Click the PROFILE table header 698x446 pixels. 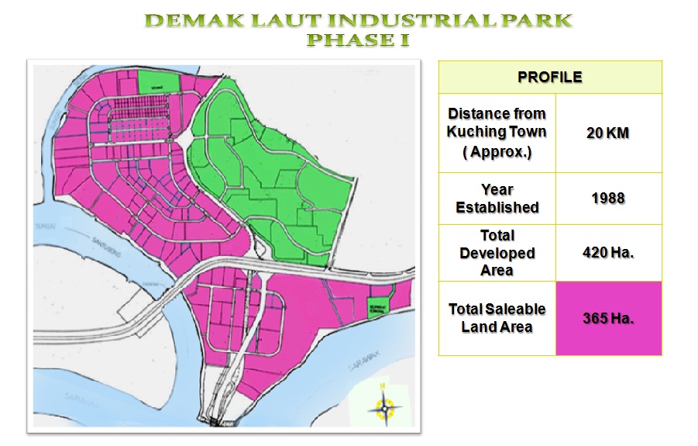[x=550, y=78]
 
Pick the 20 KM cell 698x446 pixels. [x=608, y=133]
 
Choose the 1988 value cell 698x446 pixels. [x=608, y=199]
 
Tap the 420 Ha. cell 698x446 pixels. [x=608, y=253]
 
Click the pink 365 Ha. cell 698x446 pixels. [x=608, y=318]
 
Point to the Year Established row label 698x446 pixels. [x=497, y=199]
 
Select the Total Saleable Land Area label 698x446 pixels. [x=497, y=318]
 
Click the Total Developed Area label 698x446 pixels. [x=497, y=253]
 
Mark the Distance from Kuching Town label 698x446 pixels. [x=497, y=133]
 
